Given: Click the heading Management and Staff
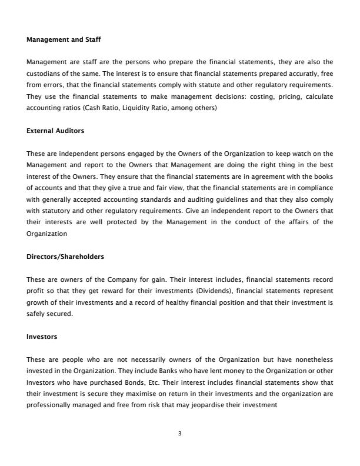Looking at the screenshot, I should click(64, 40).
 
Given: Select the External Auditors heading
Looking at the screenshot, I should click(55, 131).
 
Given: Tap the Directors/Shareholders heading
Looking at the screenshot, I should click(65, 257).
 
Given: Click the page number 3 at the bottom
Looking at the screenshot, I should click(180, 434).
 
